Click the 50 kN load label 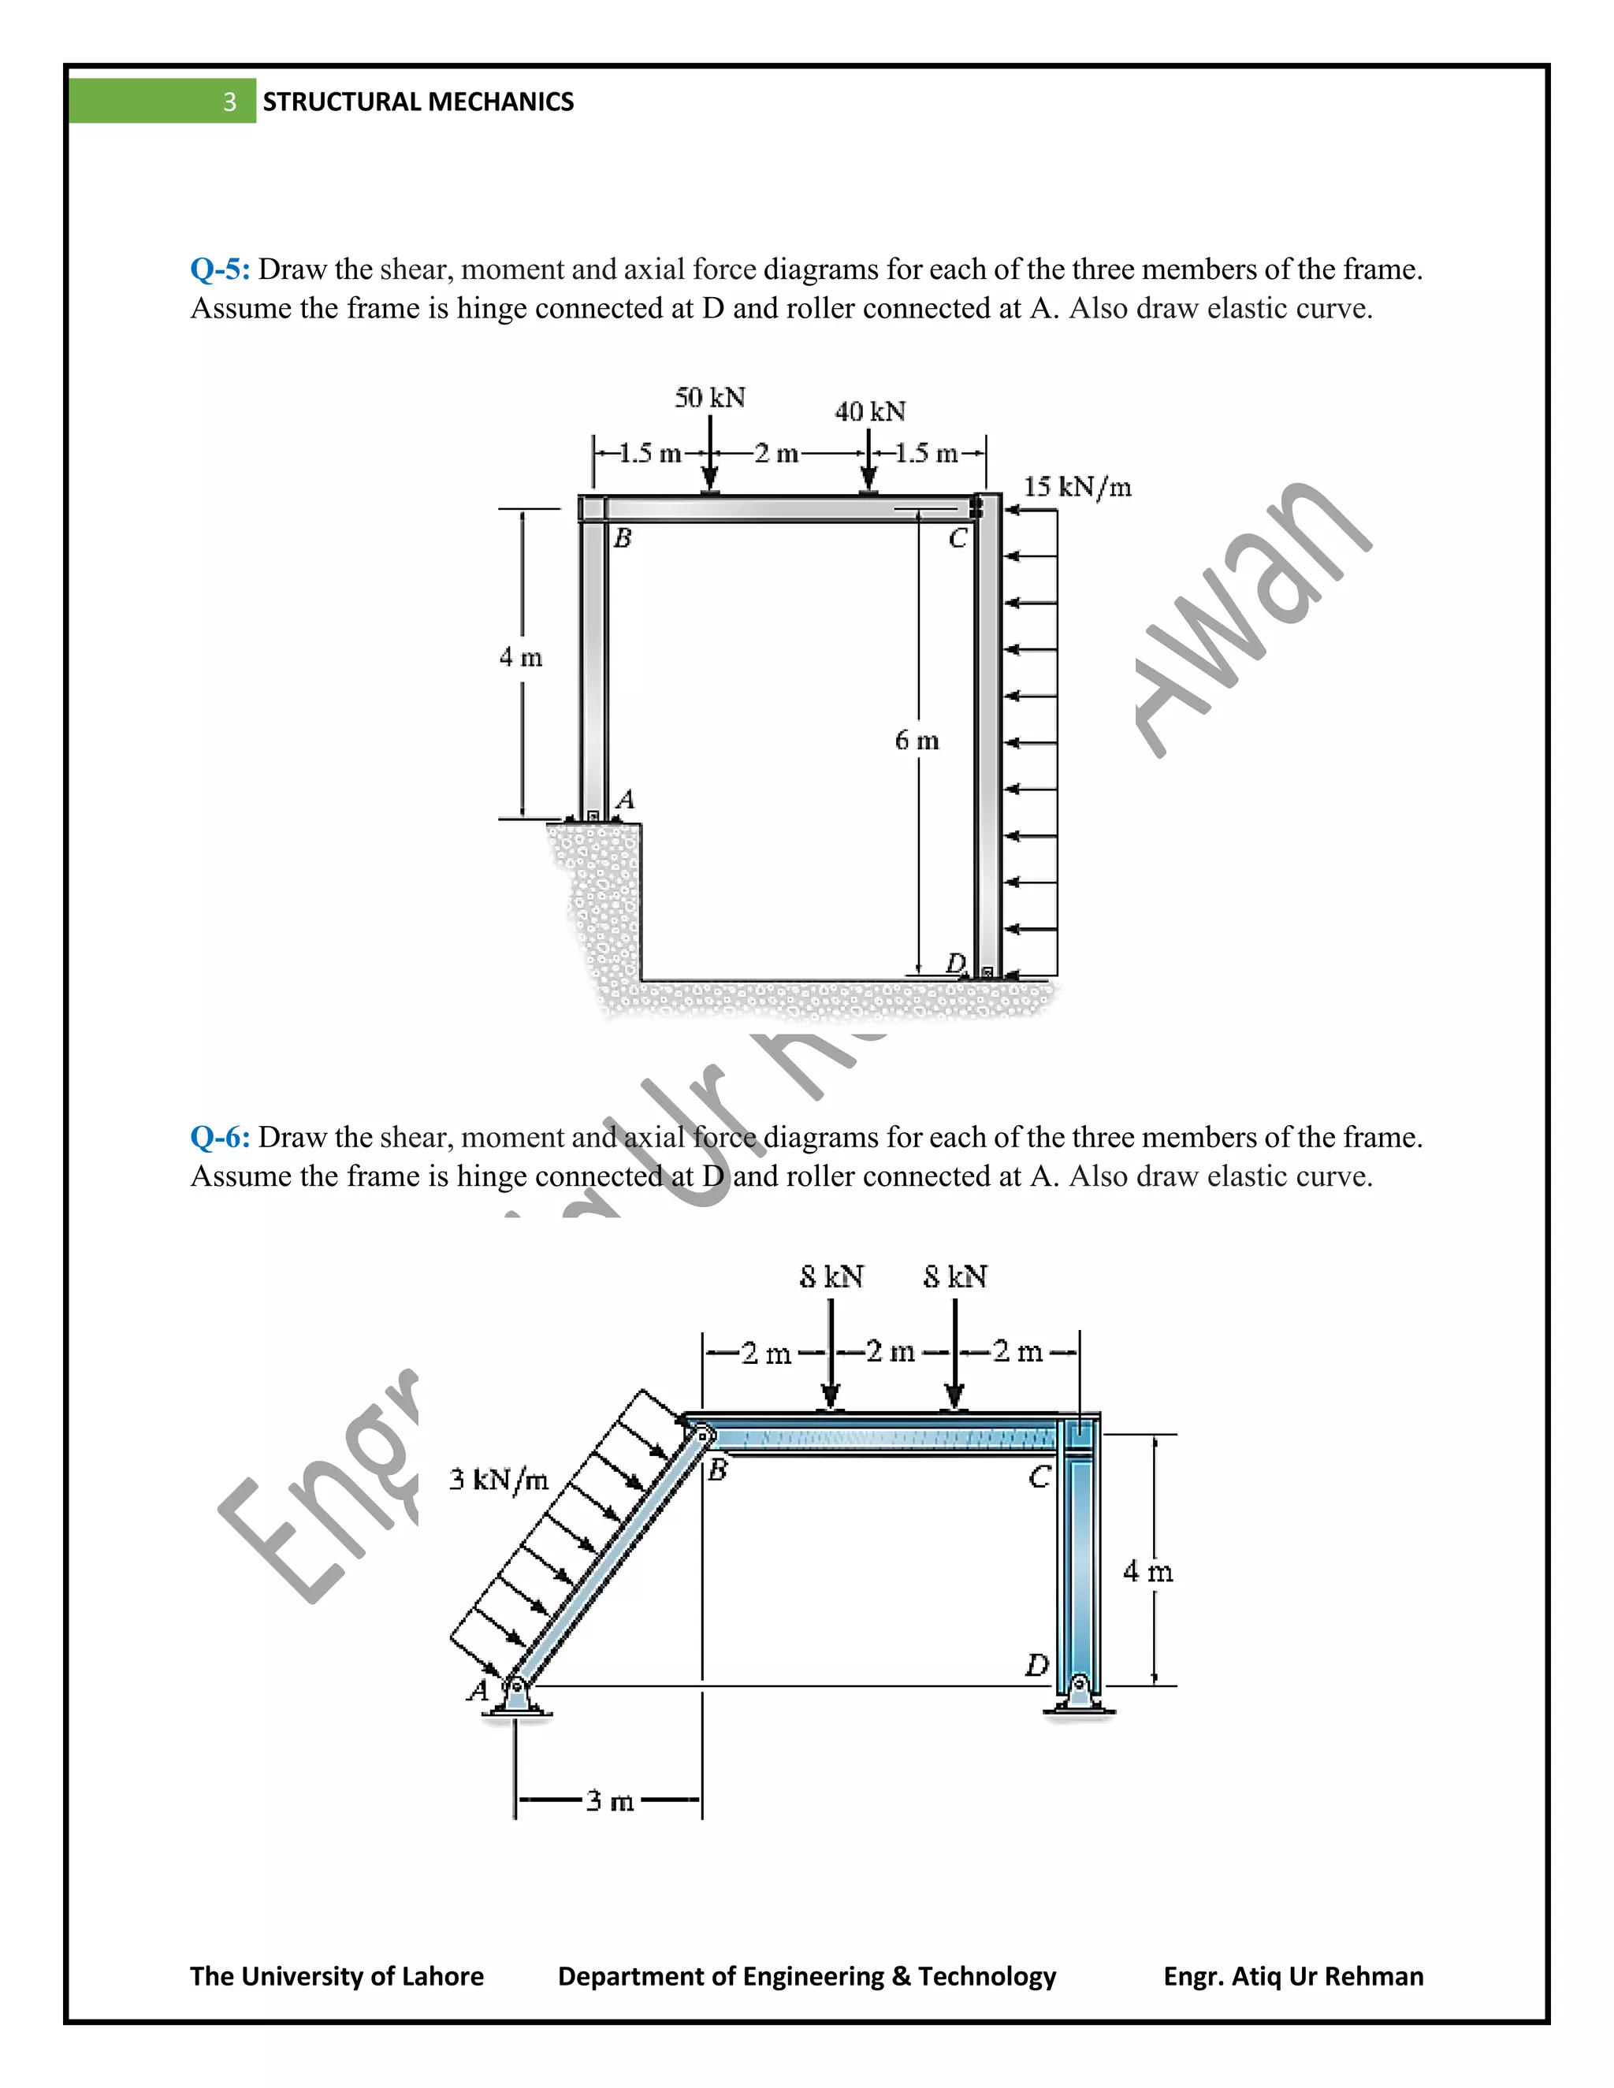point(709,398)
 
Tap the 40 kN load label point(869,412)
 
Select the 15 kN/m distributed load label point(1077,487)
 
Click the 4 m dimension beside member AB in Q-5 point(520,658)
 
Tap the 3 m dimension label point(609,1802)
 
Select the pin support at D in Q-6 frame point(1079,1693)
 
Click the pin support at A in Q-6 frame point(516,1695)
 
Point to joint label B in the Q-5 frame point(622,538)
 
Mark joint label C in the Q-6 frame point(1039,1478)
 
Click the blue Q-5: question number point(220,269)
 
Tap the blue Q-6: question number point(220,1138)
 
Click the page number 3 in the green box point(229,102)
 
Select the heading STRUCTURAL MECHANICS point(418,102)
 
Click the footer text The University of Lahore point(337,1976)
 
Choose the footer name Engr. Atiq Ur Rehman point(1292,1976)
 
